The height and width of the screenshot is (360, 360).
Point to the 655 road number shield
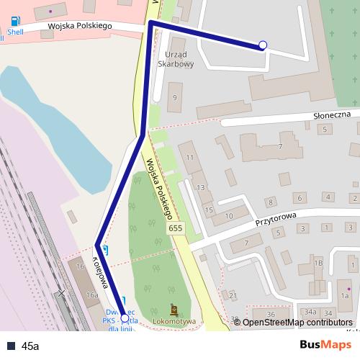point(175,228)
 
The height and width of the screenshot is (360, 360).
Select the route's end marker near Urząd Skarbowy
point(263,45)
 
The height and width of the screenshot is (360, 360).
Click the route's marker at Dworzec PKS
point(125,318)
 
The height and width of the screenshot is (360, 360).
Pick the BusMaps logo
point(325,345)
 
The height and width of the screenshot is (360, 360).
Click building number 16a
point(92,294)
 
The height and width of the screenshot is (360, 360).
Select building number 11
point(189,156)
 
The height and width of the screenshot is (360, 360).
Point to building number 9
point(174,96)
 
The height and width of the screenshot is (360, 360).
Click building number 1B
point(318,264)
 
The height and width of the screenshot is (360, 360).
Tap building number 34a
point(310,312)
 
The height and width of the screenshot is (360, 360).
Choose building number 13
point(201,187)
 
